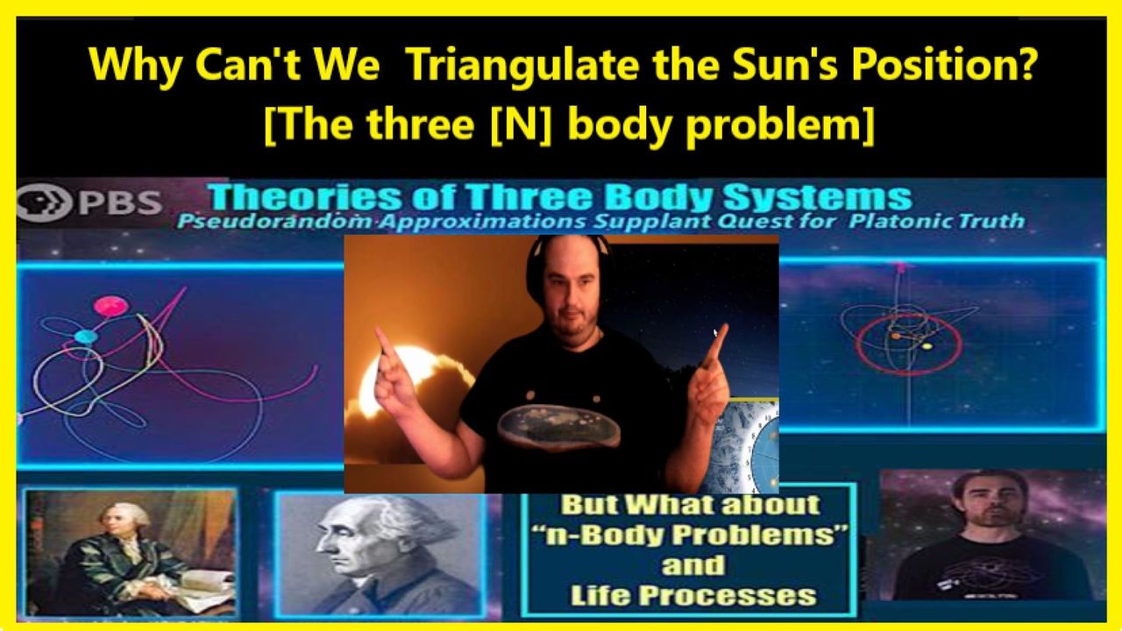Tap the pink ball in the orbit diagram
[x=110, y=306]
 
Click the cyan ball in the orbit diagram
[x=86, y=337]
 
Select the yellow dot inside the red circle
[x=927, y=346]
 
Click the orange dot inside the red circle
[x=896, y=336]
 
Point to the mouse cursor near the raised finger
[x=716, y=333]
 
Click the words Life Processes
[x=693, y=596]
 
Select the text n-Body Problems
[x=692, y=535]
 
